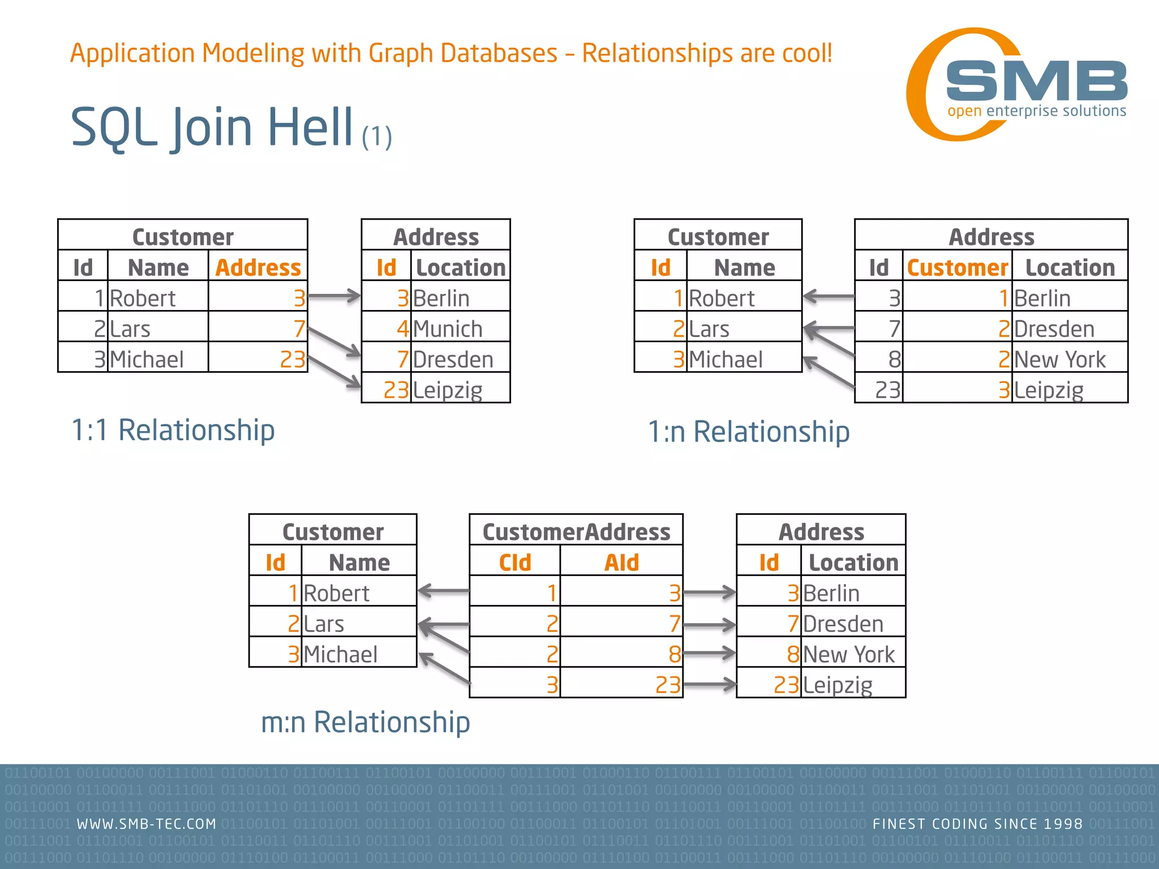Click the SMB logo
1019,85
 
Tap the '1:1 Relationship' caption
173,430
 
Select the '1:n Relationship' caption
748,432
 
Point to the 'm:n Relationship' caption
365,722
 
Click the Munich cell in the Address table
448,329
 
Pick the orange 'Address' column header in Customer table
258,268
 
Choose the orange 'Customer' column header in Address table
958,268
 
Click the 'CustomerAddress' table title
576,532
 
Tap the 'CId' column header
515,562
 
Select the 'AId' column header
621,562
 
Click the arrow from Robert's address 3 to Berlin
334,296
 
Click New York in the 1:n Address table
1059,359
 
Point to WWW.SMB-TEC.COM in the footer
147,824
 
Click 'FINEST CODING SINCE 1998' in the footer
977,824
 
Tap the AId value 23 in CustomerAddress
668,685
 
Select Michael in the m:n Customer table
341,654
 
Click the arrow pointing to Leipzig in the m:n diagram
710,685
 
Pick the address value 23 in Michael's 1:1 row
293,359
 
